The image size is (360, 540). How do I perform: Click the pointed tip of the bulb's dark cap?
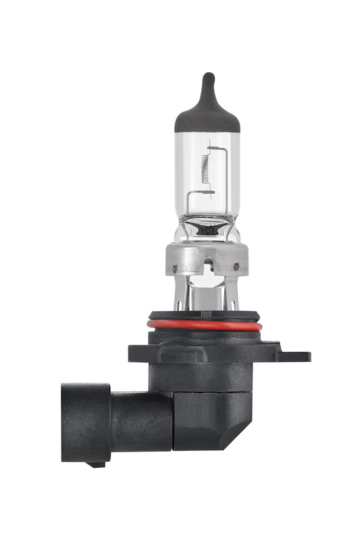[207, 76]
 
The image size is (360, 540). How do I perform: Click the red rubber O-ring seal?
[205, 325]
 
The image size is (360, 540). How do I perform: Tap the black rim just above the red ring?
[205, 315]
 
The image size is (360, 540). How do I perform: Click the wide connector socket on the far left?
[85, 423]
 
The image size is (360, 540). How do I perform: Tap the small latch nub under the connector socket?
[97, 464]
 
